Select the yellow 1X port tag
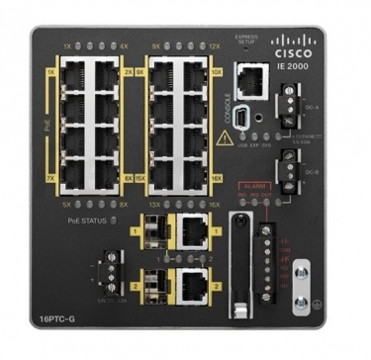50,72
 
